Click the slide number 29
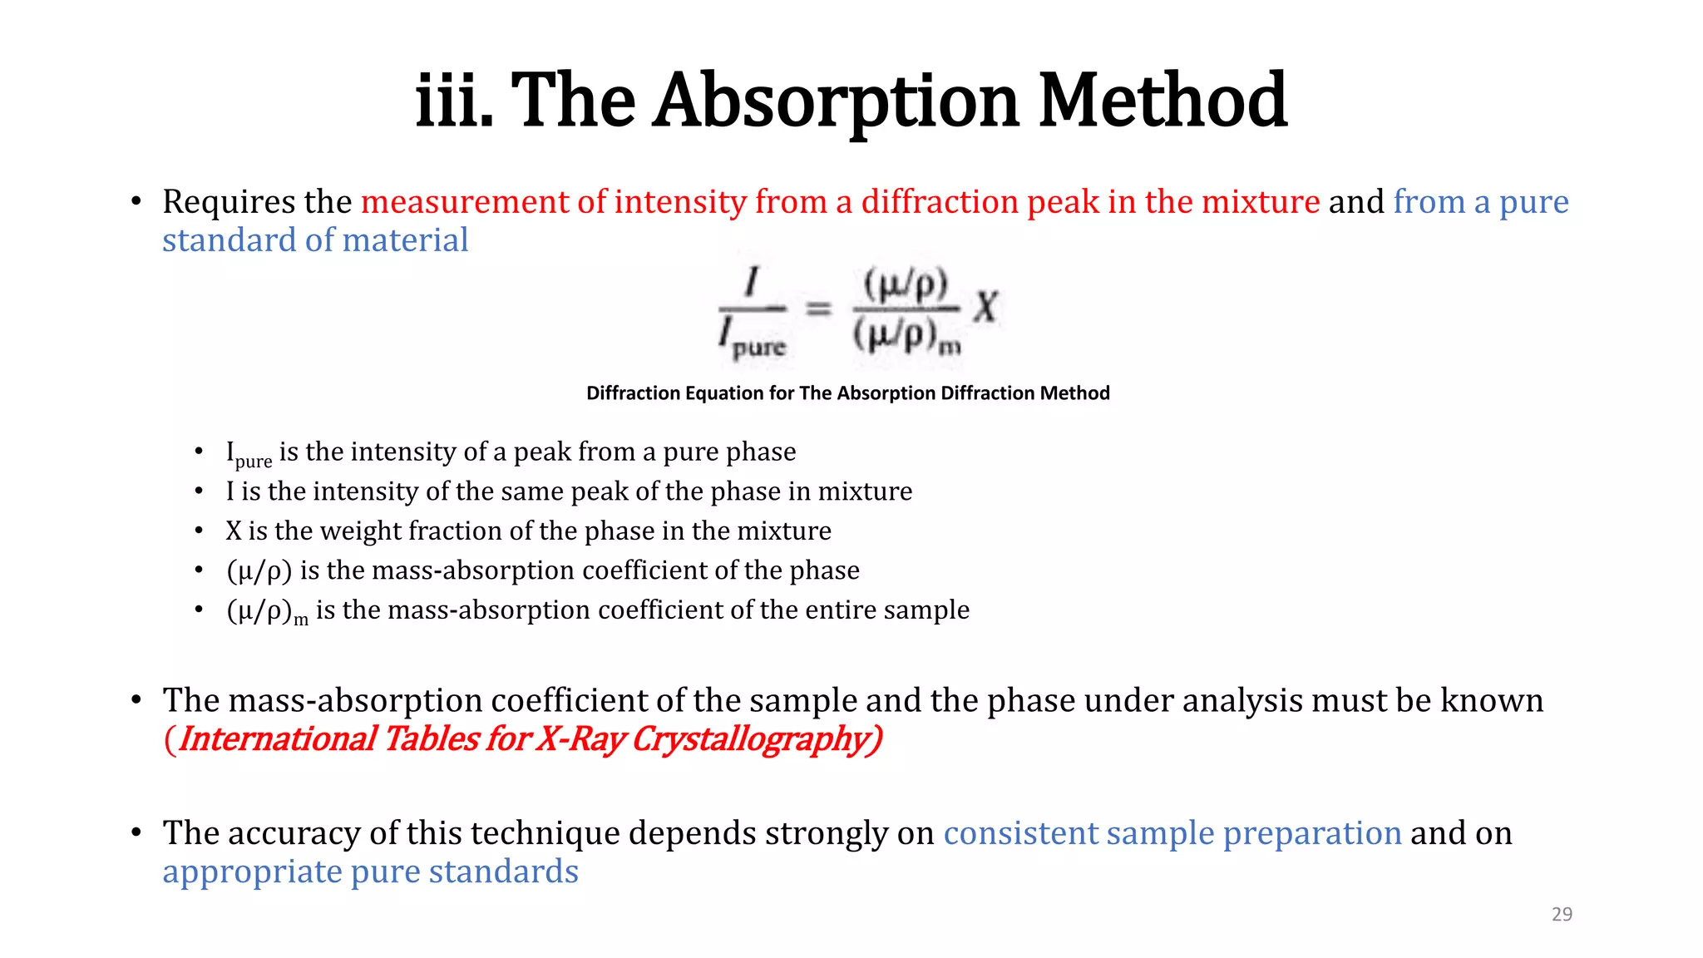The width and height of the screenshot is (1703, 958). pyautogui.click(x=1562, y=914)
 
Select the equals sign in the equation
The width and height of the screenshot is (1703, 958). pyautogui.click(x=819, y=309)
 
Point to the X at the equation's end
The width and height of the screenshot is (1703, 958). pyautogui.click(x=985, y=307)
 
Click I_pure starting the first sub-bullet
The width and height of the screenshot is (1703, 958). pyautogui.click(x=248, y=454)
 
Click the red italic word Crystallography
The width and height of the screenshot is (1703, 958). pyautogui.click(x=756, y=739)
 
